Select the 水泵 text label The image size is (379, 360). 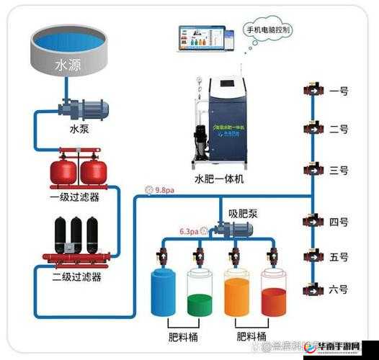(79, 130)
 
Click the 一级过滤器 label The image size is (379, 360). (74, 196)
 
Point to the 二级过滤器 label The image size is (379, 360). (76, 276)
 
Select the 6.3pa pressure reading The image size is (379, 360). (189, 231)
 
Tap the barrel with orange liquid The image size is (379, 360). (236, 293)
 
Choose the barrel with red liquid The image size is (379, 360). (273, 293)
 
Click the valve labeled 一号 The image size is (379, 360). (313, 91)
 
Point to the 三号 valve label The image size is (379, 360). (339, 171)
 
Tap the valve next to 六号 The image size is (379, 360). (313, 289)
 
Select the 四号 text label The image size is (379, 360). (339, 222)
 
